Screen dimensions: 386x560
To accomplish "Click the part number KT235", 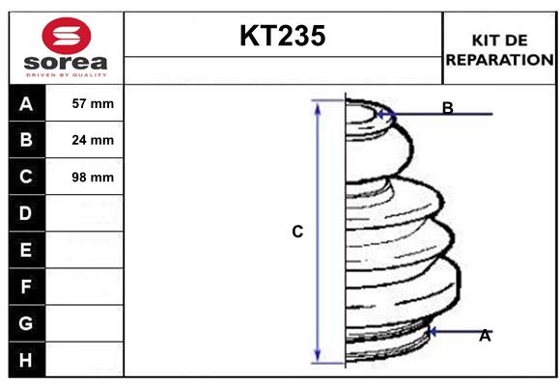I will (x=282, y=37).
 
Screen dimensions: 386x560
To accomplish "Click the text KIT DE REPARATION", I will (x=499, y=49).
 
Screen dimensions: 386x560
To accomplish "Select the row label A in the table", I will (x=26, y=104).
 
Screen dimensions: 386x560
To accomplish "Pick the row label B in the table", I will (x=26, y=140).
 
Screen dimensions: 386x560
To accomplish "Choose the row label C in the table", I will (x=26, y=177).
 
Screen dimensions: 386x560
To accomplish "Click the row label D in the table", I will (x=26, y=212).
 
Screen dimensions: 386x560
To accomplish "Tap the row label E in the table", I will (x=26, y=250).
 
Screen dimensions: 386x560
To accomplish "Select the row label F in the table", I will (x=26, y=287).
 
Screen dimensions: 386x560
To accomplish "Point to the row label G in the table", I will (x=26, y=323).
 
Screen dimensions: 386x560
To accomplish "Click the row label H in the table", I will (x=26, y=360).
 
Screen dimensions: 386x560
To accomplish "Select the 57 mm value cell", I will (x=93, y=104).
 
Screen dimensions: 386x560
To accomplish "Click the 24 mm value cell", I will (x=93, y=140).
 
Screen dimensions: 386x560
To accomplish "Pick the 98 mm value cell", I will (x=93, y=177).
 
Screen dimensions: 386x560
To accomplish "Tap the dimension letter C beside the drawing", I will (x=297, y=232).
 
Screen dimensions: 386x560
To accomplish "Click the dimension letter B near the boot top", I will (x=447, y=108).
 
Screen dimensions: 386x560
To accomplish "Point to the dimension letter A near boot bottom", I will (x=485, y=336).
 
